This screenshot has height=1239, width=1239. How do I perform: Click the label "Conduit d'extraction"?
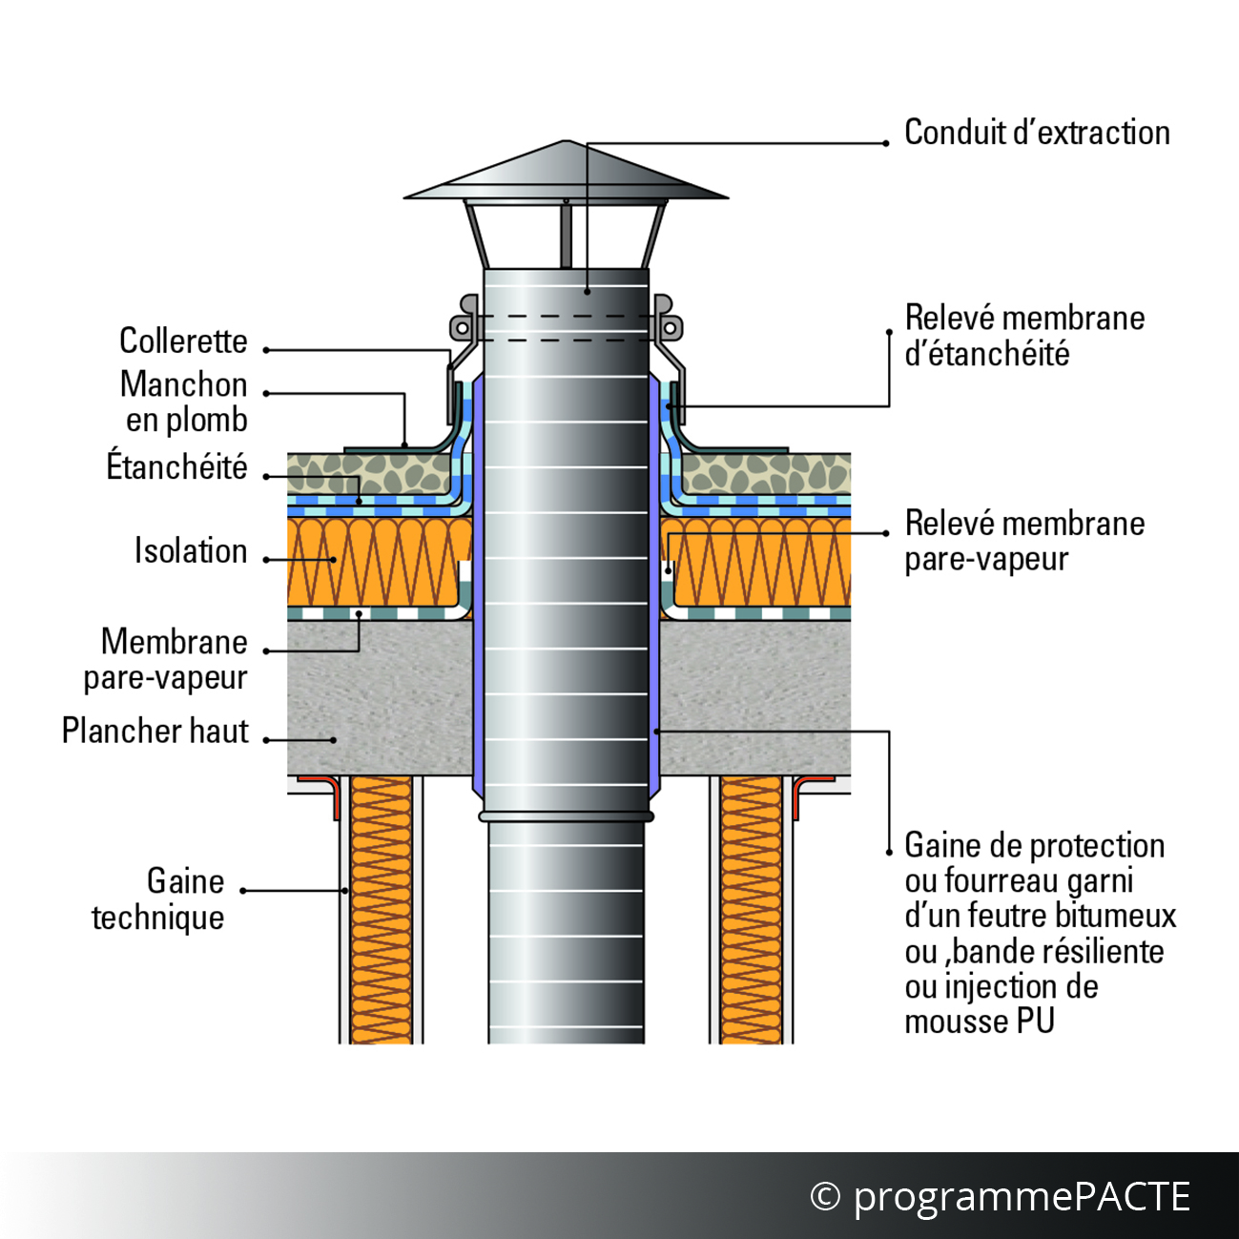(1037, 134)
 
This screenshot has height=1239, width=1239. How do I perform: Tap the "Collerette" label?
(183, 341)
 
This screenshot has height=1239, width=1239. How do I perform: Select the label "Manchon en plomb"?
(184, 402)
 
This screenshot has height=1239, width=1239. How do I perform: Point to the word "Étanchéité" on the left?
(176, 466)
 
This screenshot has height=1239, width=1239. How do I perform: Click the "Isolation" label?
(191, 551)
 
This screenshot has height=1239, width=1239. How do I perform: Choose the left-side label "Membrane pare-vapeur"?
(166, 660)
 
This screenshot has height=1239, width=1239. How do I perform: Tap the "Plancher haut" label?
(155, 731)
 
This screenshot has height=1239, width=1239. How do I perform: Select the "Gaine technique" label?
(158, 898)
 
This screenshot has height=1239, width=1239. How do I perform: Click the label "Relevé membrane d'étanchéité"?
(1024, 336)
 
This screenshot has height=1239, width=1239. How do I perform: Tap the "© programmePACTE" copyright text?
(1000, 1197)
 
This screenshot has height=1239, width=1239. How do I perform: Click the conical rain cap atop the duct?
(566, 171)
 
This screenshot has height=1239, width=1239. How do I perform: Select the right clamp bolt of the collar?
(670, 328)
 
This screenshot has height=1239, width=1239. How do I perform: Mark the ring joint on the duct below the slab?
(566, 816)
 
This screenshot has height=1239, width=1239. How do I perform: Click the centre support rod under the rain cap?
(566, 235)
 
